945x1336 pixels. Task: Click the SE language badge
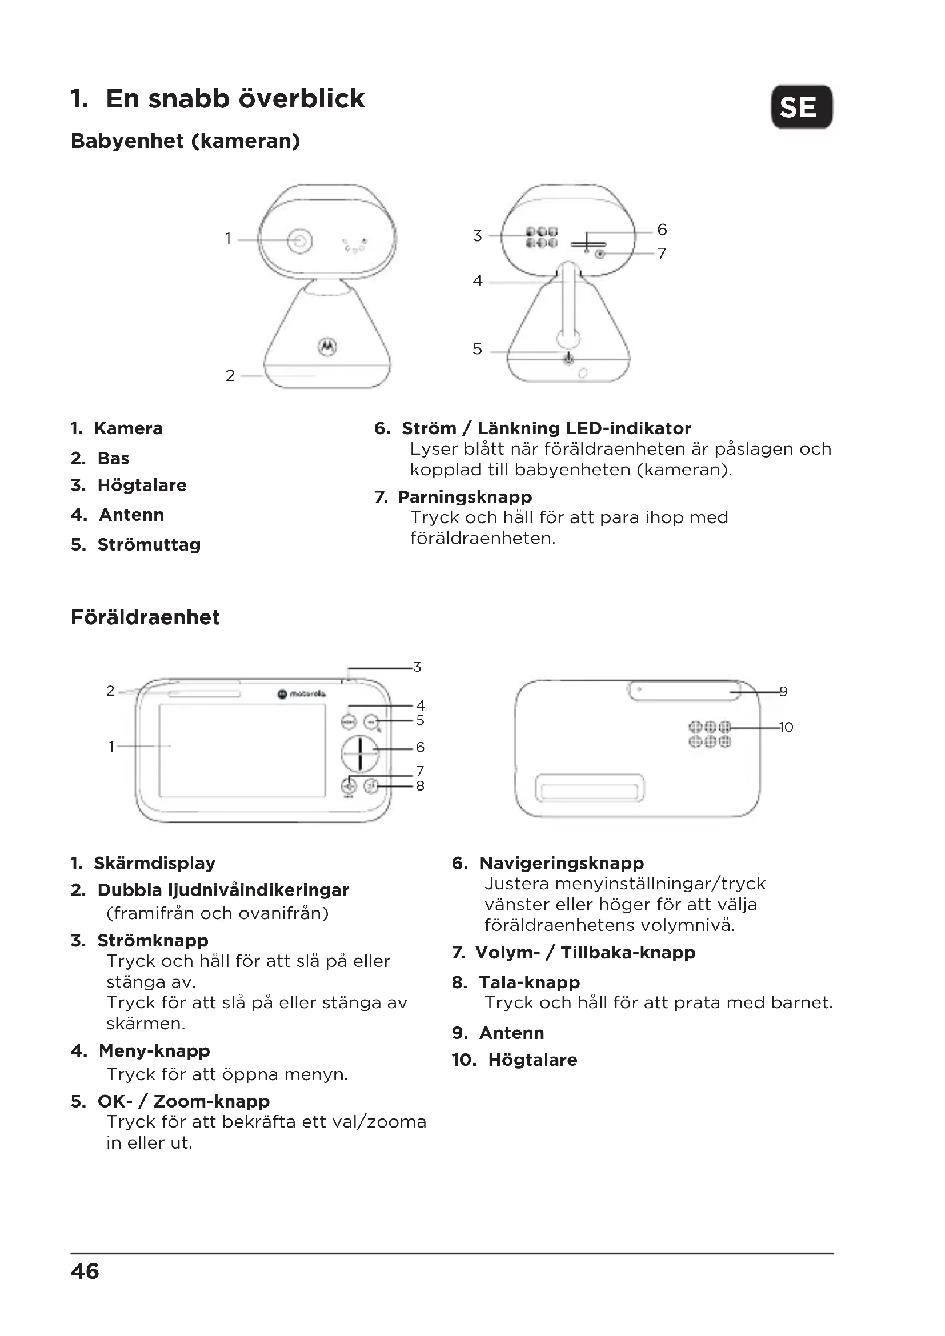coord(801,107)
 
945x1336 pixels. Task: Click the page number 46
coord(85,1271)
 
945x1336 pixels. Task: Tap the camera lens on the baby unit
coord(300,240)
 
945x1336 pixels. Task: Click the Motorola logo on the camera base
coord(327,346)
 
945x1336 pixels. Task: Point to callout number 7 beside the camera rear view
coord(662,254)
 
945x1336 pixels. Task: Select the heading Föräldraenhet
coord(145,617)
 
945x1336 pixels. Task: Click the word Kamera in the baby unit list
coord(128,428)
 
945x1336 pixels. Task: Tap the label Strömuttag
coord(149,545)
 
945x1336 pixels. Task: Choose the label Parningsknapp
coord(465,497)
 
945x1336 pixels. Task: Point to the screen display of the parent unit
coord(242,750)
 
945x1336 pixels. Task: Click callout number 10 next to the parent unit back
coord(786,727)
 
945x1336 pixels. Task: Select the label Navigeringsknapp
coord(562,863)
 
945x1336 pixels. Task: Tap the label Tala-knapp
coord(529,982)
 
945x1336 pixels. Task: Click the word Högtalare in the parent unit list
coord(532,1060)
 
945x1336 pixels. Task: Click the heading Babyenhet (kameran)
coord(185,141)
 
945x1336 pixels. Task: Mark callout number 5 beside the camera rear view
coord(478,348)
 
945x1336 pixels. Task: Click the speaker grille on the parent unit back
coord(710,734)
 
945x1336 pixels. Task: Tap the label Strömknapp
coord(153,940)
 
